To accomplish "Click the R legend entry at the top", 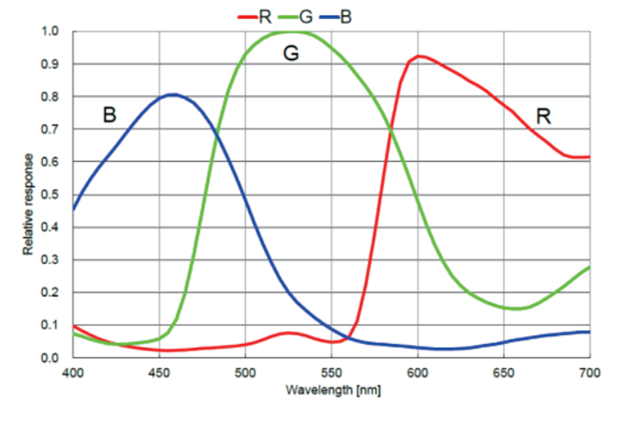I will [256, 15].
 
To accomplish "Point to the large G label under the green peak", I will [292, 54].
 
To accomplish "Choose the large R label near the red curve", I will [543, 117].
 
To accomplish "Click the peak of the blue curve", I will [172, 94].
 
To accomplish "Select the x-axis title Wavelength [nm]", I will [331, 391].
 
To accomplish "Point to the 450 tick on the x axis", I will [159, 371].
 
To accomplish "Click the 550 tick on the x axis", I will [331, 371].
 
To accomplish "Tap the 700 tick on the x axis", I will [589, 371].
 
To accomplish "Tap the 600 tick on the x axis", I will [417, 371].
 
